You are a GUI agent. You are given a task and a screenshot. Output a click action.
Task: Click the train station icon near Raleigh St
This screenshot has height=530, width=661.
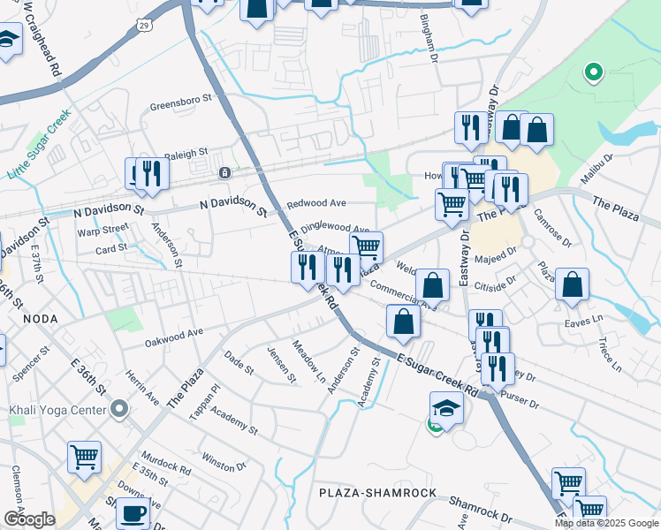click(225, 171)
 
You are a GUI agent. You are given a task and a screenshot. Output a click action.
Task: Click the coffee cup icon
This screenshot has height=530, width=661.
click(133, 511)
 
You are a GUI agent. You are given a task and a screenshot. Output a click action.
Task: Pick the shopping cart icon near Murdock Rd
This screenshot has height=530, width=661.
click(85, 458)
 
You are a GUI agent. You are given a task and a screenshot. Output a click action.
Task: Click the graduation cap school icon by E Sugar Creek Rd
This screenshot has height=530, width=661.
click(447, 408)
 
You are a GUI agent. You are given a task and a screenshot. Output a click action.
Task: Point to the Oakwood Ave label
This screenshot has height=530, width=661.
click(174, 334)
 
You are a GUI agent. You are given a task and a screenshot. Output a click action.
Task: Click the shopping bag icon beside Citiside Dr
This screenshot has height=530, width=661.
click(573, 284)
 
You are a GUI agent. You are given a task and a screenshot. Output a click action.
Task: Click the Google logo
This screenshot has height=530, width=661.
click(29, 519)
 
